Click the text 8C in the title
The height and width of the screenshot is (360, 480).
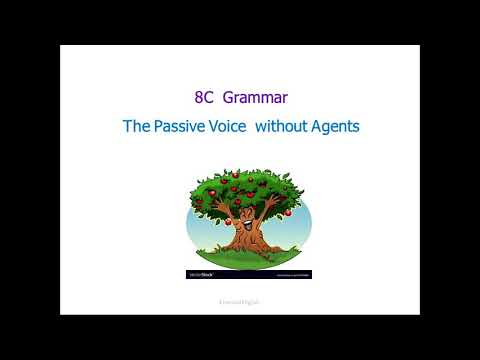click(204, 99)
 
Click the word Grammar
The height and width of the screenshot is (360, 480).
click(256, 99)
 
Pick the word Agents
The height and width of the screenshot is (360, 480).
click(336, 127)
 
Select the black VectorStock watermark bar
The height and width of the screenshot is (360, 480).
click(249, 274)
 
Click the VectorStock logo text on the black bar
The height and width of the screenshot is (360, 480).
click(202, 274)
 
